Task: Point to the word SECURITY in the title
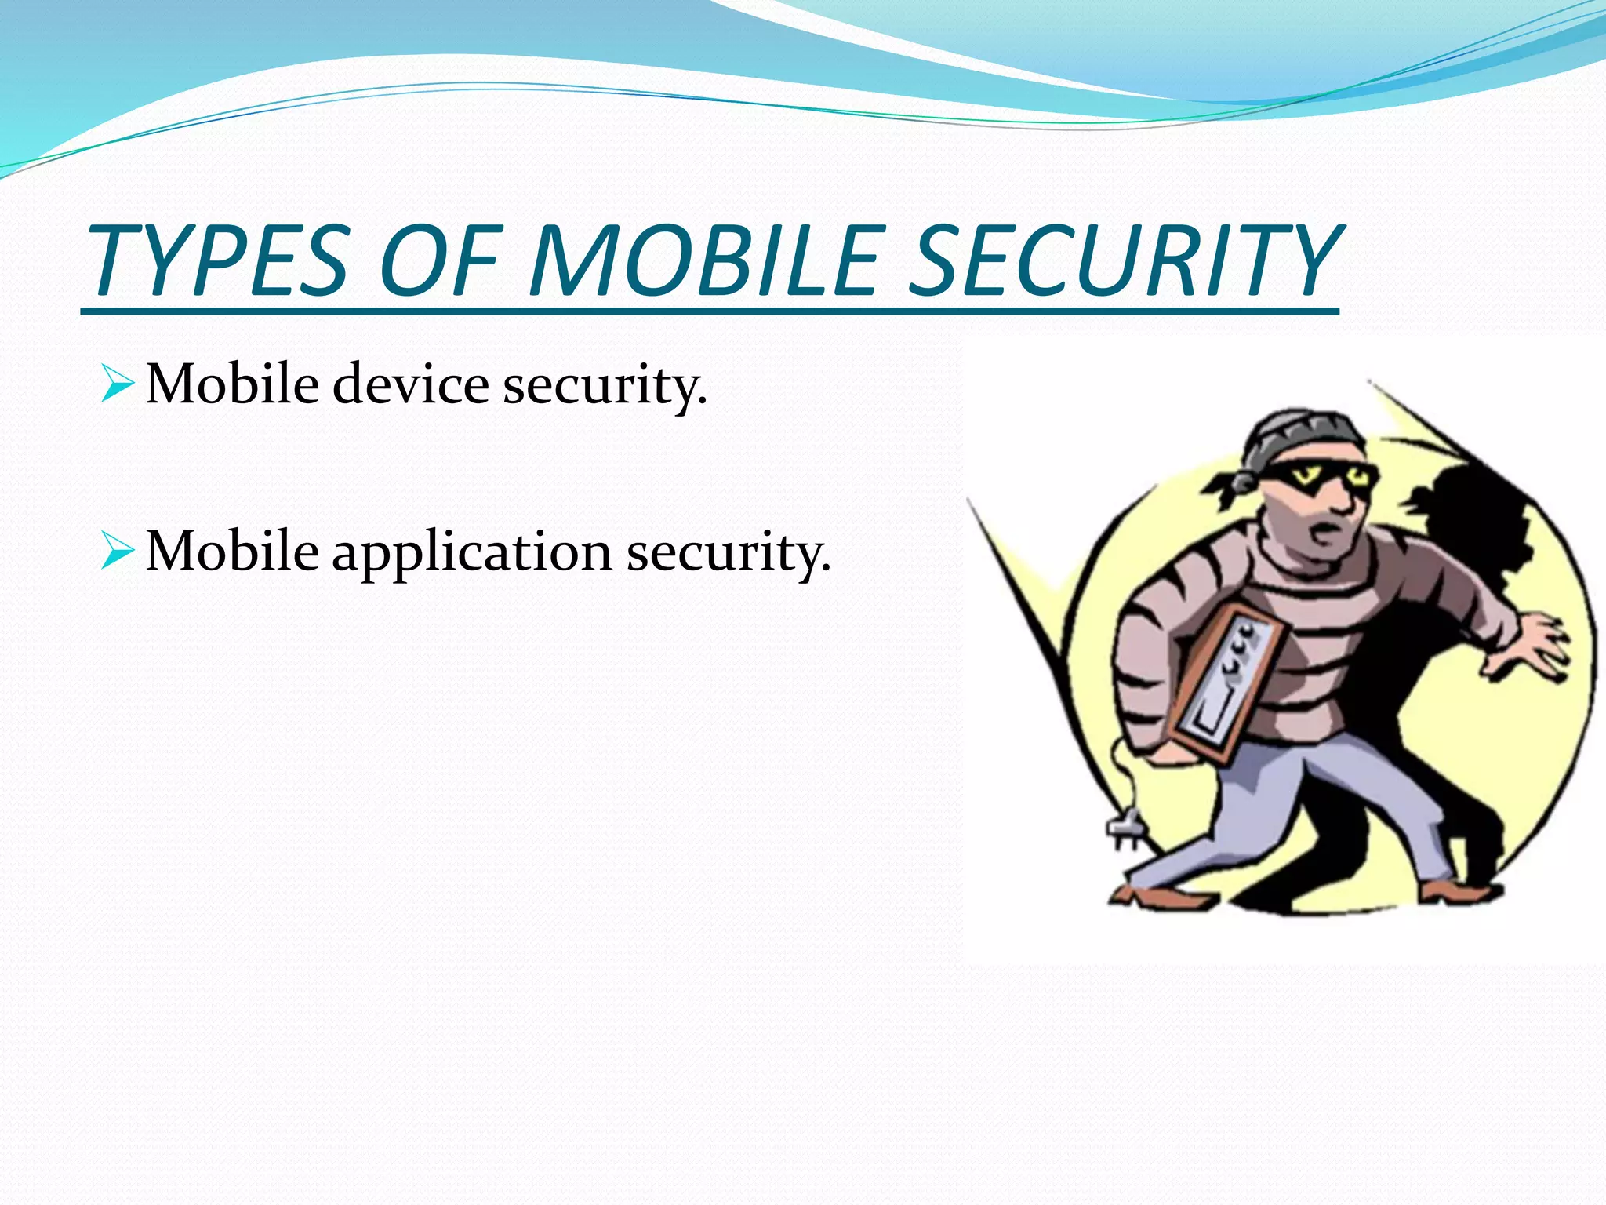tap(1125, 260)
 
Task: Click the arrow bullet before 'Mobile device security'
tap(118, 384)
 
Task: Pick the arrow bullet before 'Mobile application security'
tap(118, 552)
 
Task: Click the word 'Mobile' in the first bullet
tap(232, 384)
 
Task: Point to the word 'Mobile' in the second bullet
tap(232, 552)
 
